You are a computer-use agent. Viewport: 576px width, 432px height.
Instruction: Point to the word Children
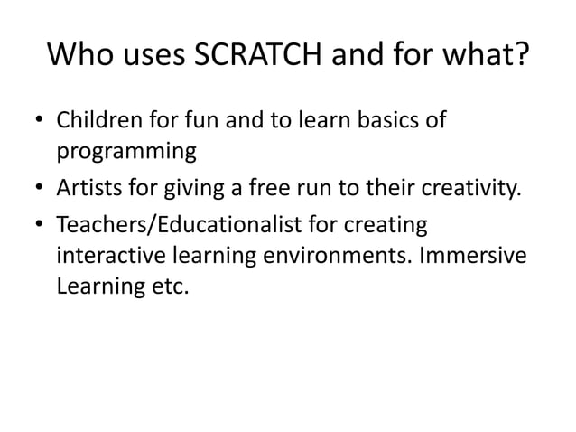[x=93, y=120]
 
